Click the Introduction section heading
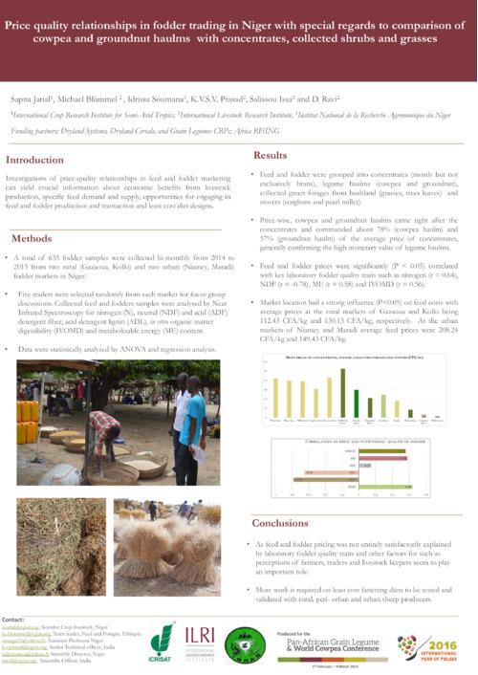[35, 160]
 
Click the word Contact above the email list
[14, 619]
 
